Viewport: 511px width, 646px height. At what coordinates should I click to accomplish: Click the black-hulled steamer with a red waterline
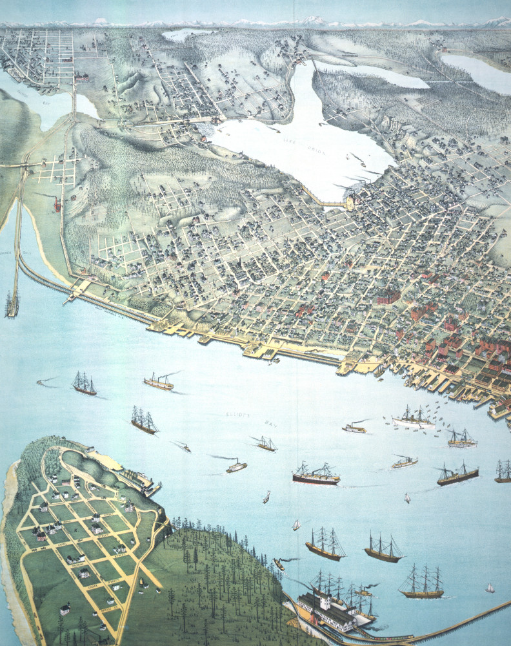pos(316,477)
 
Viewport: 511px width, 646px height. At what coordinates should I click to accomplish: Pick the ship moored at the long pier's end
pos(12,304)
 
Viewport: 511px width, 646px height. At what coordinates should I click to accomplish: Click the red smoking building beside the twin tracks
pos(57,205)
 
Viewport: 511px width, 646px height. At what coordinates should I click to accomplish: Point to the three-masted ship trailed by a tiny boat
pos(84,384)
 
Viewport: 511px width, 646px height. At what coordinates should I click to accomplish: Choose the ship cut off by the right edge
pos(503,472)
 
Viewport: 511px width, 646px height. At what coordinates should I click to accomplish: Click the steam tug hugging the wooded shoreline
pos(279,564)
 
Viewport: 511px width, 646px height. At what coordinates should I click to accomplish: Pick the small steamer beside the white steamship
pos(354,428)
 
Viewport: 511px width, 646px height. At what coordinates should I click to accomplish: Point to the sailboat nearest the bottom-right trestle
pos(490,588)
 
